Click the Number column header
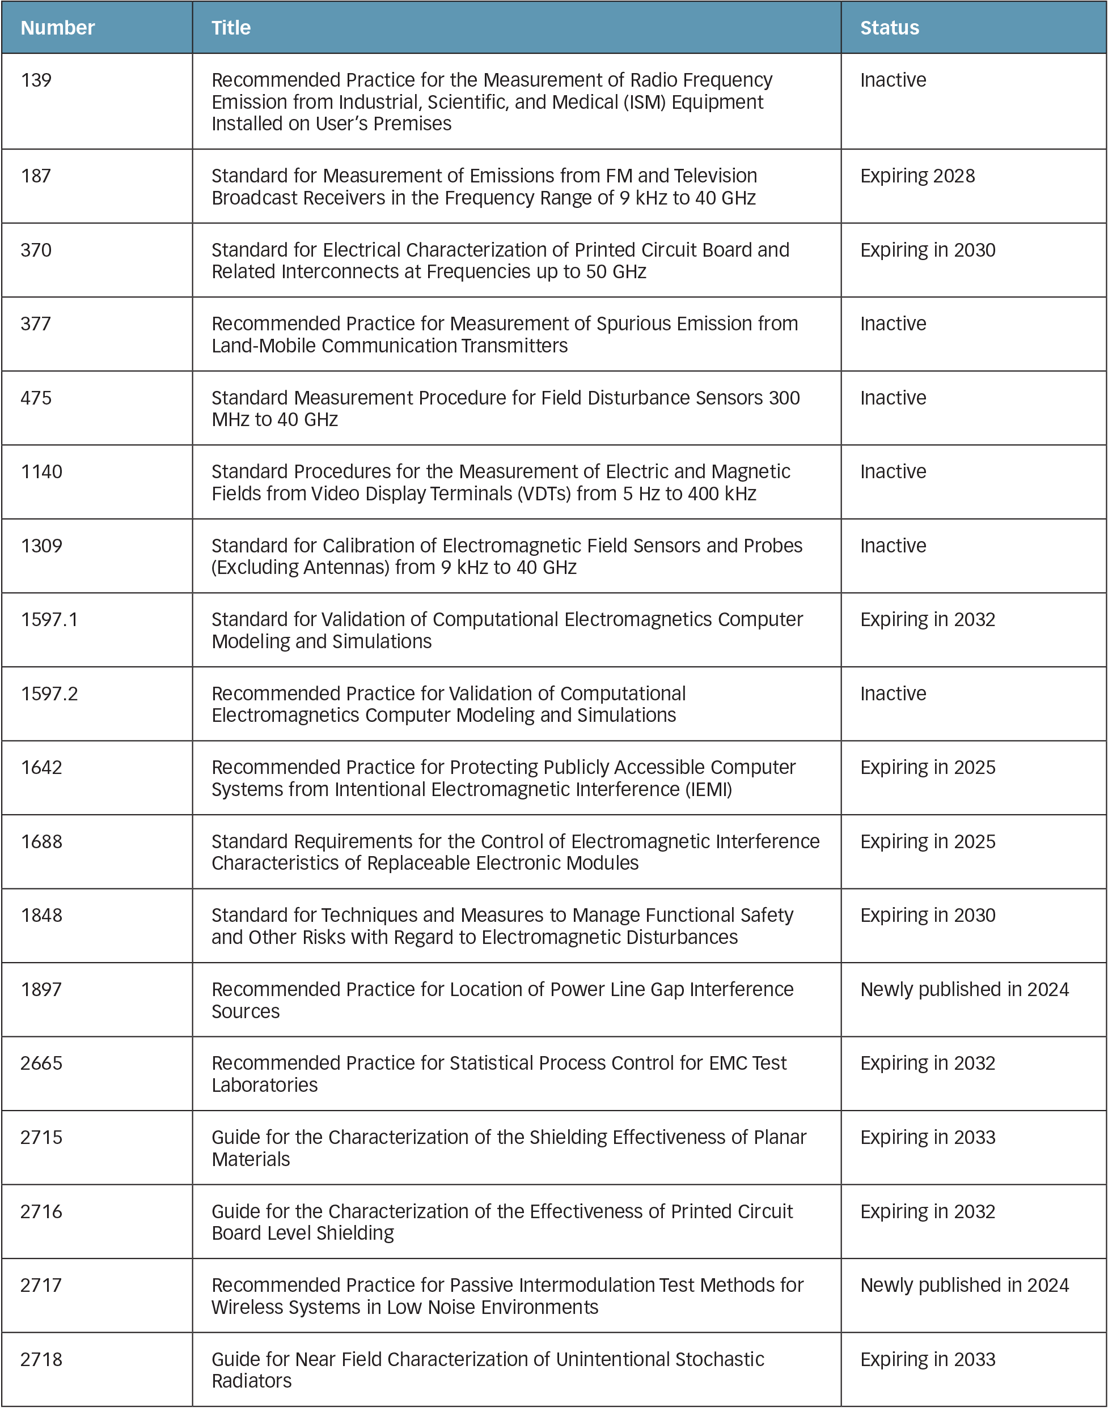tap(58, 28)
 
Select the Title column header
tap(231, 28)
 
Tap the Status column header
tap(889, 28)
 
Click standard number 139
tap(36, 80)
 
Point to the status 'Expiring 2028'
tap(917, 176)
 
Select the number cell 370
tap(36, 250)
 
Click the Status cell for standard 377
tap(893, 324)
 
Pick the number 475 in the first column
tap(36, 398)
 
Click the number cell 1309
tap(41, 546)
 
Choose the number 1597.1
tap(49, 620)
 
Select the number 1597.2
tap(49, 694)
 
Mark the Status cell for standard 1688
tap(928, 841)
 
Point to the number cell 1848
tap(41, 915)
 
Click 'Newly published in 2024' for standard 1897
tap(964, 989)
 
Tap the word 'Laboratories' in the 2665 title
tap(265, 1085)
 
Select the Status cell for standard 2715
tap(928, 1137)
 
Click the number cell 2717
tap(41, 1285)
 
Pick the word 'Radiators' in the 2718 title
tap(252, 1381)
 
